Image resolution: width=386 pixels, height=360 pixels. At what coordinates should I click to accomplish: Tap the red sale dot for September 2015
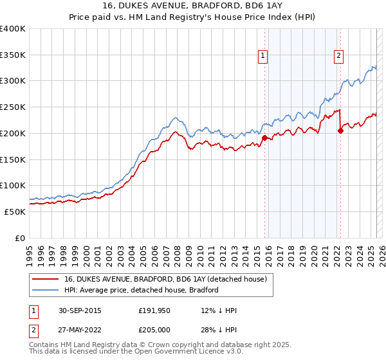tap(264, 137)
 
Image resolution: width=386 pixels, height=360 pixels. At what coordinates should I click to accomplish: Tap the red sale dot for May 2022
tap(340, 130)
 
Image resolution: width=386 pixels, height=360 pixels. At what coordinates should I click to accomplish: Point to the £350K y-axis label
tap(12, 55)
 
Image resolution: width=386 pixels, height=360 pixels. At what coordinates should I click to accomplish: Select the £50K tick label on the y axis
tap(15, 212)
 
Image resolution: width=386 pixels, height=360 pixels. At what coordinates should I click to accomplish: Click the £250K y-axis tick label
tap(12, 107)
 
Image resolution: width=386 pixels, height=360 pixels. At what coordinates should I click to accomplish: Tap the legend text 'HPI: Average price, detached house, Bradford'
tap(141, 290)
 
